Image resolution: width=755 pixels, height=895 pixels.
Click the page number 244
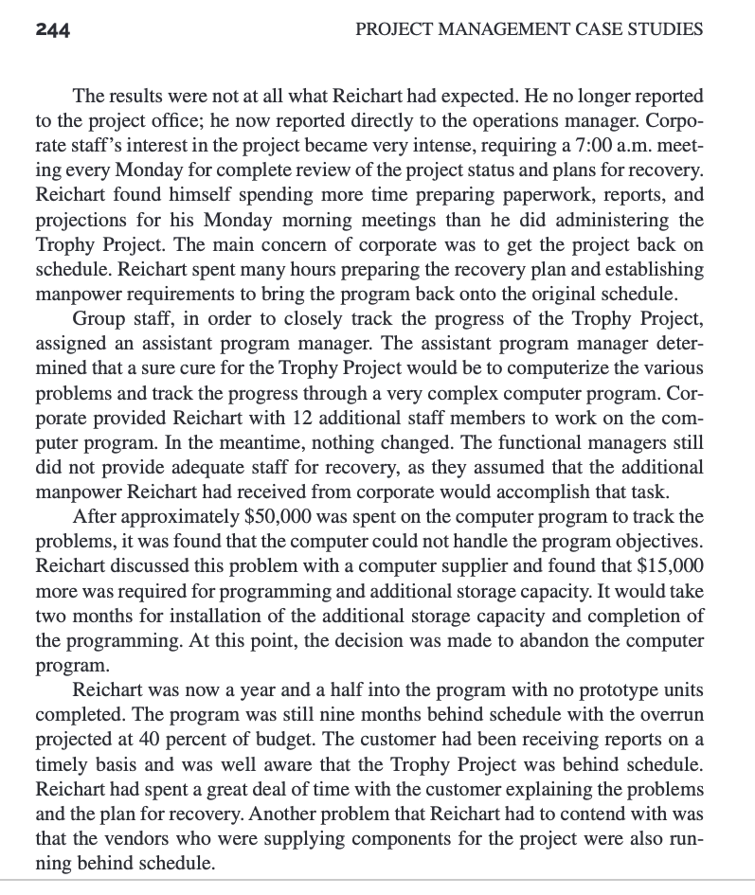point(52,28)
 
